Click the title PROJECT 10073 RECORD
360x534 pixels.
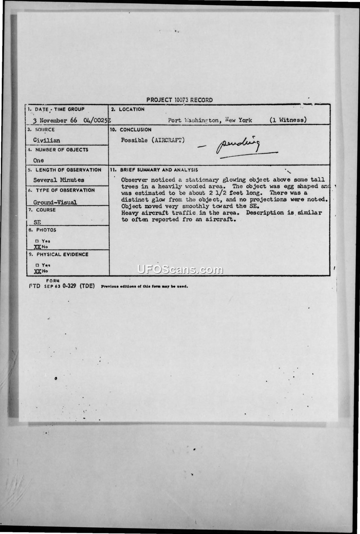point(179,100)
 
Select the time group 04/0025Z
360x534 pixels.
point(97,121)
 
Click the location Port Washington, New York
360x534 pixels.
point(210,120)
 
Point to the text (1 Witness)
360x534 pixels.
point(288,120)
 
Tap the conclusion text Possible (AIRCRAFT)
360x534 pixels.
point(153,140)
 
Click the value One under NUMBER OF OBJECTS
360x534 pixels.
point(39,160)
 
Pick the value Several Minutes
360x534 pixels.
point(58,180)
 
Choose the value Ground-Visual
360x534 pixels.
point(55,202)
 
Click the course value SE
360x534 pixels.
point(37,222)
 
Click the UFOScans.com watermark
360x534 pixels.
point(180,270)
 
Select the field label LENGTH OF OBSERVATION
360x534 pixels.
point(67,170)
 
